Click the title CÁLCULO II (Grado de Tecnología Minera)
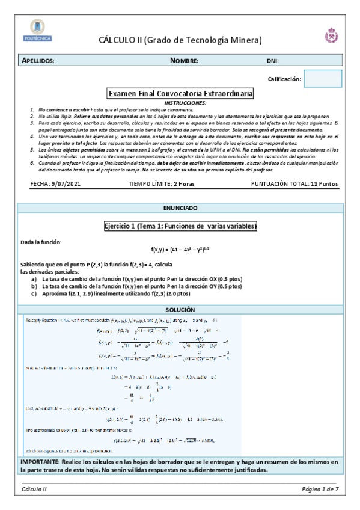click(x=180, y=40)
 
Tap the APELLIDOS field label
click(x=38, y=61)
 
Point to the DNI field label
click(x=272, y=61)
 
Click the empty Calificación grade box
click(x=323, y=79)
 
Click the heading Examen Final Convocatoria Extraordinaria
click(x=180, y=94)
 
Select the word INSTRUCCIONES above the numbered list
click(x=180, y=103)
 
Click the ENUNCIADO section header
click(x=180, y=208)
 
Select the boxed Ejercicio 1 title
click(x=180, y=226)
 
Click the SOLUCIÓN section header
click(x=180, y=309)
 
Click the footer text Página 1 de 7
click(x=320, y=489)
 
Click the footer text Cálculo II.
click(x=35, y=489)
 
